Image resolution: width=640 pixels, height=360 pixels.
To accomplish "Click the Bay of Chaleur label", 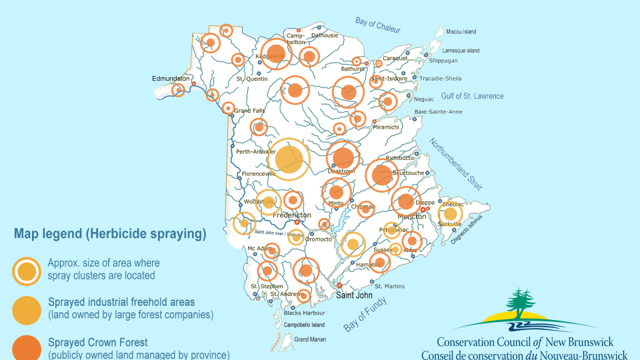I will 377,24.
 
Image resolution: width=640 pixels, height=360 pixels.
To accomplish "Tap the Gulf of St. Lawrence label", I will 472,96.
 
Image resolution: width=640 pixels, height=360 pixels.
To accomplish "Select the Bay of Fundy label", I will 365,314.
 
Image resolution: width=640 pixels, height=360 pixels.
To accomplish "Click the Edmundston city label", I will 171,78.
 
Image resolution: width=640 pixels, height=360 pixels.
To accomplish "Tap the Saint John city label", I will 353,295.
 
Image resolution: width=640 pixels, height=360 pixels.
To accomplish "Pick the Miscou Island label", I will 461,31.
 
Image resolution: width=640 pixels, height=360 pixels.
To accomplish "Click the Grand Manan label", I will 309,340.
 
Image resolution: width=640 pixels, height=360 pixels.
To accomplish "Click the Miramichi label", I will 386,127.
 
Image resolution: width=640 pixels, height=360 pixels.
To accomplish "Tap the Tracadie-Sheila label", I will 440,78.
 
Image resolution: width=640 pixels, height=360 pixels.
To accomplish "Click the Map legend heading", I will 110,234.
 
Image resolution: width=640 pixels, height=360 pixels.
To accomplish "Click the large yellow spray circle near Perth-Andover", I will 289,159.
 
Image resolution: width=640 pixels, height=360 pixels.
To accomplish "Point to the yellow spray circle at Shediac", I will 450,213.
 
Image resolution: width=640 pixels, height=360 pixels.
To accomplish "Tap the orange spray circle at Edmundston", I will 178,90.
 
